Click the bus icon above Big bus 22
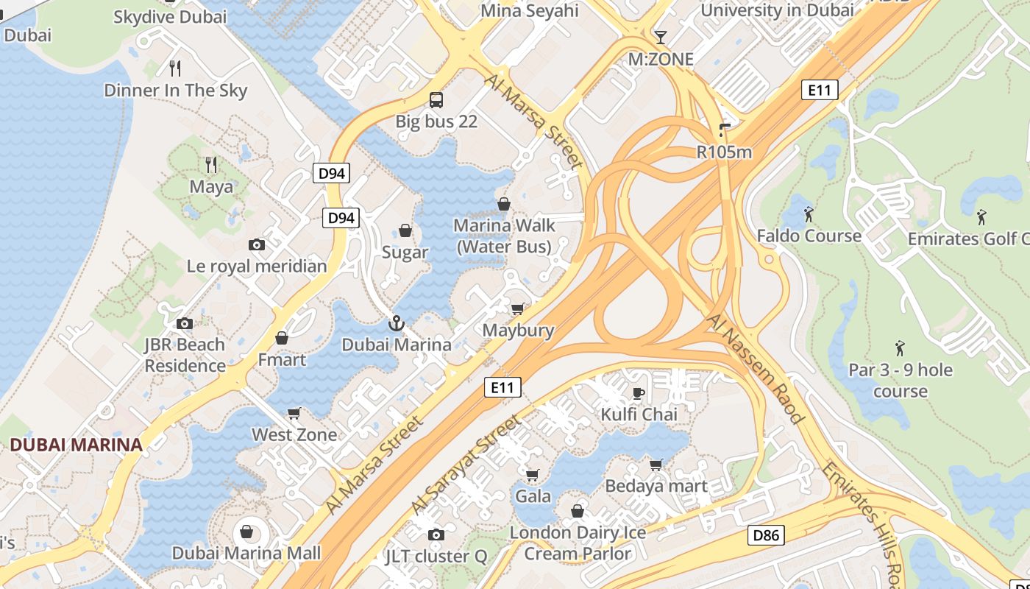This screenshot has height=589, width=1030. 436,99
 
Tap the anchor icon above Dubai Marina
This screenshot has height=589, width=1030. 397,323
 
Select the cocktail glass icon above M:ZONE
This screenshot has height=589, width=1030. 661,37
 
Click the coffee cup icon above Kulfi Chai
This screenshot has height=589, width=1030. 639,393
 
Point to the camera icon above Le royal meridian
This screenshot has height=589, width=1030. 257,244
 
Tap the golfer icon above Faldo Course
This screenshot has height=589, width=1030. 809,214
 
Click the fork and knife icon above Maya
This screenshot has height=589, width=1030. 211,164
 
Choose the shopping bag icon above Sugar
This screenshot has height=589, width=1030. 405,230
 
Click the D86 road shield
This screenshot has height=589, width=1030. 766,535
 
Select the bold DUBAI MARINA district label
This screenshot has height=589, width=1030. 76,445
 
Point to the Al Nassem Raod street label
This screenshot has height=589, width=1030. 756,368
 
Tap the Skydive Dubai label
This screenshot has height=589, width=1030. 170,17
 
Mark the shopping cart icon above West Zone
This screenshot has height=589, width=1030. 294,413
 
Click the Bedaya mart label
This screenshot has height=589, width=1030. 656,486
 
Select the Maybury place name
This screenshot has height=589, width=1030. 518,330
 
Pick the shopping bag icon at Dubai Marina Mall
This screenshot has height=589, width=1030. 246,531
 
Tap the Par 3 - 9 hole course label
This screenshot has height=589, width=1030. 901,380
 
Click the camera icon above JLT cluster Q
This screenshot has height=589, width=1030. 436,535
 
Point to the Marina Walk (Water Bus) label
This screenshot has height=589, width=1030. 505,236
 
